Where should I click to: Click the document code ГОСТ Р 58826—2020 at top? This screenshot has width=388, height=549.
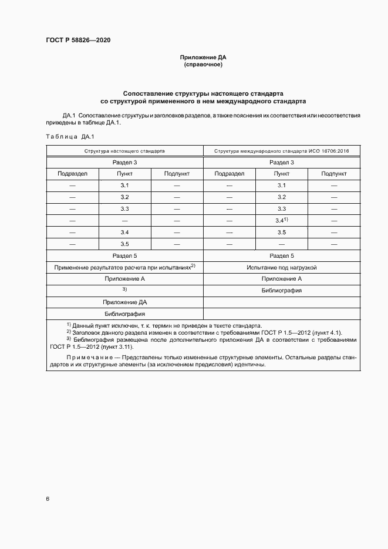point(78,41)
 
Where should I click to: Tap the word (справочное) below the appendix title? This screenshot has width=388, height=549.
point(203,65)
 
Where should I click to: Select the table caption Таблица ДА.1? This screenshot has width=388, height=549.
point(70,136)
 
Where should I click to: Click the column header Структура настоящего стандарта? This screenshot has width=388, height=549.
point(124,151)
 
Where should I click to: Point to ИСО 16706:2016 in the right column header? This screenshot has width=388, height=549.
point(326,151)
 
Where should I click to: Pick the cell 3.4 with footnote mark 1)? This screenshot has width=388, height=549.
point(281,220)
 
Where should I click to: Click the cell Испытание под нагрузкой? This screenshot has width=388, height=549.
point(282,267)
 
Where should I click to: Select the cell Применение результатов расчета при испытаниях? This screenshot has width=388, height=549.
point(124,267)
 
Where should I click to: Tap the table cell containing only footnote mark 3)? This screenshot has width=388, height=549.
point(124,289)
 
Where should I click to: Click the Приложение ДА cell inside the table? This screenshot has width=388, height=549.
point(124,302)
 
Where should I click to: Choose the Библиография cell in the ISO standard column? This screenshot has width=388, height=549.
point(282,290)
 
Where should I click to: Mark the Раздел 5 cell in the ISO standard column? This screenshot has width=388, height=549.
point(282,255)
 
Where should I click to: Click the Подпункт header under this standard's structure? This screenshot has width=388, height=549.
point(177,174)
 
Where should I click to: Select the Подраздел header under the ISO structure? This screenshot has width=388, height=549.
point(229,174)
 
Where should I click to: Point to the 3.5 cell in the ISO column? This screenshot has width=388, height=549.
point(282,232)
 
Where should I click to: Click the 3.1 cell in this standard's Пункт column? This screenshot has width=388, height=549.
point(124,186)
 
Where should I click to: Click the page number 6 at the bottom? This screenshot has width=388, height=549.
point(48,499)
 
